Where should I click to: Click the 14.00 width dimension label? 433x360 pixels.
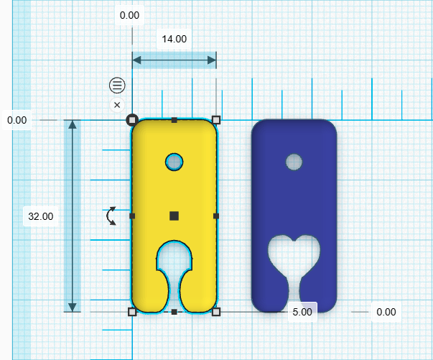(x=174, y=40)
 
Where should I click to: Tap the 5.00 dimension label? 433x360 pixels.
(x=302, y=312)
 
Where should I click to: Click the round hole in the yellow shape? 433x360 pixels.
(x=174, y=162)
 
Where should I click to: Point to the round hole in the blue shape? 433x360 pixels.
(x=294, y=162)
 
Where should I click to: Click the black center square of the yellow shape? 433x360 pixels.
(x=174, y=216)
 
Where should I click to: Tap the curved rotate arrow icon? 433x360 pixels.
(x=111, y=216)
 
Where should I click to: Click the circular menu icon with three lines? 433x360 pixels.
(x=117, y=86)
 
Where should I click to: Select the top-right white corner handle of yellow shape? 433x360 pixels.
(x=216, y=120)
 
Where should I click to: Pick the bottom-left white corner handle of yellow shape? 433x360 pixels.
(x=131, y=311)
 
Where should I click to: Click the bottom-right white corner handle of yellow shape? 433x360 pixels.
(x=216, y=311)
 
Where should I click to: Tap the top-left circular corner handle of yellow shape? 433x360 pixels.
(x=132, y=120)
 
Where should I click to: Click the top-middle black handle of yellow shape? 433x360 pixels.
(x=174, y=120)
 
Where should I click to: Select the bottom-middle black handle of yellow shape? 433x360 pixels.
(x=174, y=311)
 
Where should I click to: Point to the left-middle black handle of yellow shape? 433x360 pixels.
(x=132, y=216)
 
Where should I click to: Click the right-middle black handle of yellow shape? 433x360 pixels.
(x=216, y=216)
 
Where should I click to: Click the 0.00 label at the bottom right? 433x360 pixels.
(x=386, y=312)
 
